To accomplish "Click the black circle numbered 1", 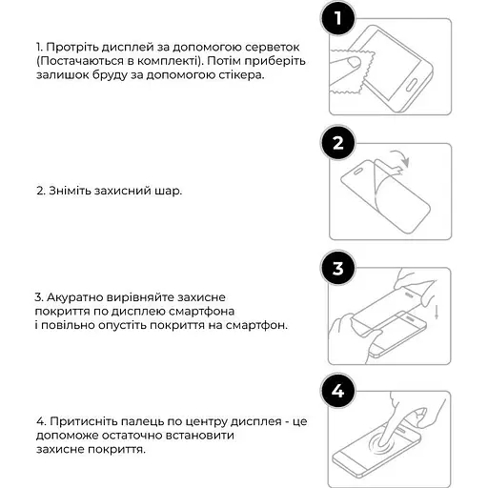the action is [337, 18].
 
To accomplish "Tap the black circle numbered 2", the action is [337, 143].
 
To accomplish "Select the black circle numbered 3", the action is [337, 268].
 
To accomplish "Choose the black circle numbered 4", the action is [337, 391].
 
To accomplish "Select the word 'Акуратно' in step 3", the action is [74, 297].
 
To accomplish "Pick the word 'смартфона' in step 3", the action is [201, 312].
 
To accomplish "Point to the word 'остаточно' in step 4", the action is [133, 436].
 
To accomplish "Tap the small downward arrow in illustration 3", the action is [437, 312].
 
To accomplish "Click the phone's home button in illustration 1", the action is [412, 87].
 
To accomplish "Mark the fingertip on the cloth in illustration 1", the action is [354, 62].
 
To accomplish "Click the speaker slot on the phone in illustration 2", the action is [358, 172].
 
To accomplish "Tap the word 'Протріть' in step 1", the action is [72, 48].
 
